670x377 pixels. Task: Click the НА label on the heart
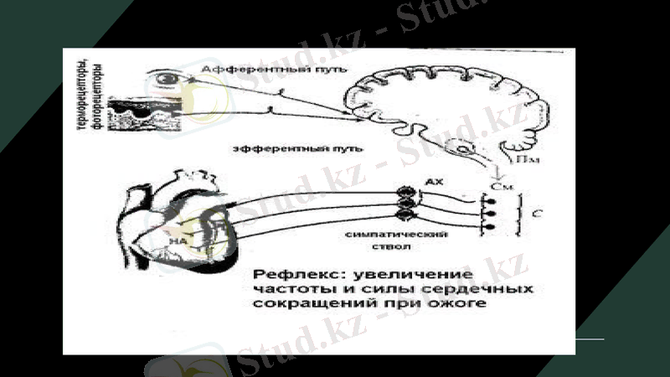tap(178, 240)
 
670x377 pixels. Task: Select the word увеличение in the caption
tap(406, 275)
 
